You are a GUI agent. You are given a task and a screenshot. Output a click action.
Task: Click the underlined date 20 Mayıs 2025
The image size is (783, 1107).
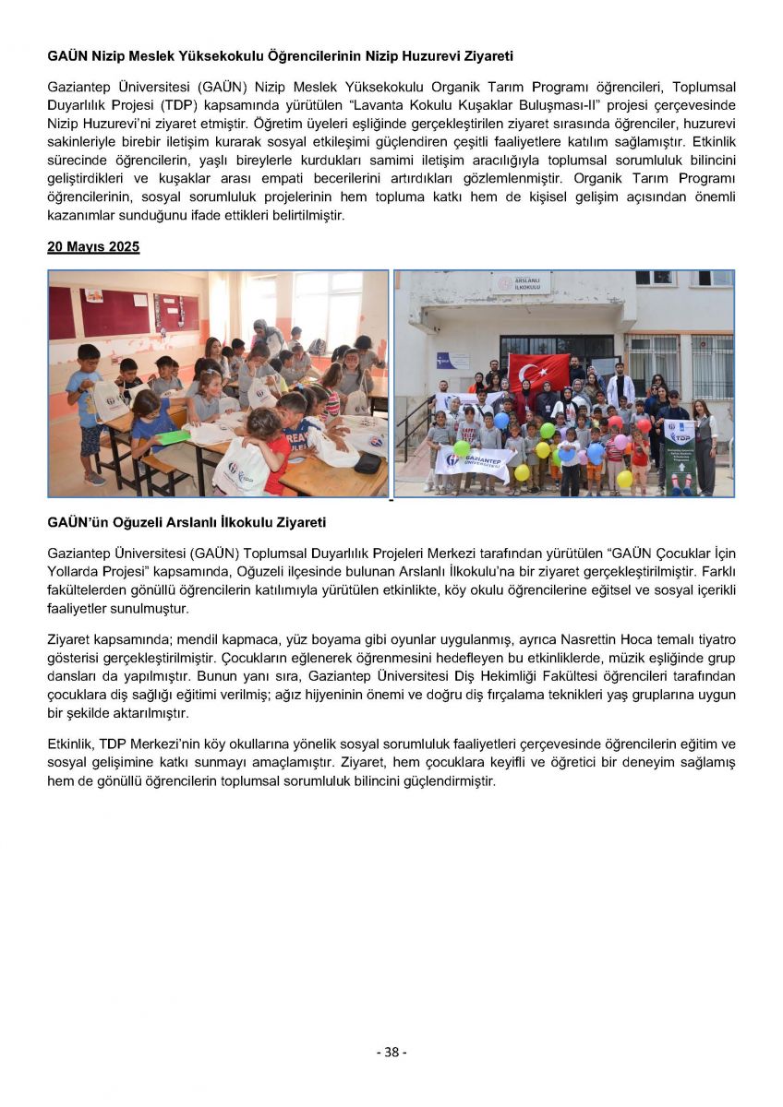coord(93,247)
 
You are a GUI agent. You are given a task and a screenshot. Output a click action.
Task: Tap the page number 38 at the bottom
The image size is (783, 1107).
coord(391,1052)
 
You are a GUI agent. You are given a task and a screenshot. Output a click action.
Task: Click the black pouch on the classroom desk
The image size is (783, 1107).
coord(367,462)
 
